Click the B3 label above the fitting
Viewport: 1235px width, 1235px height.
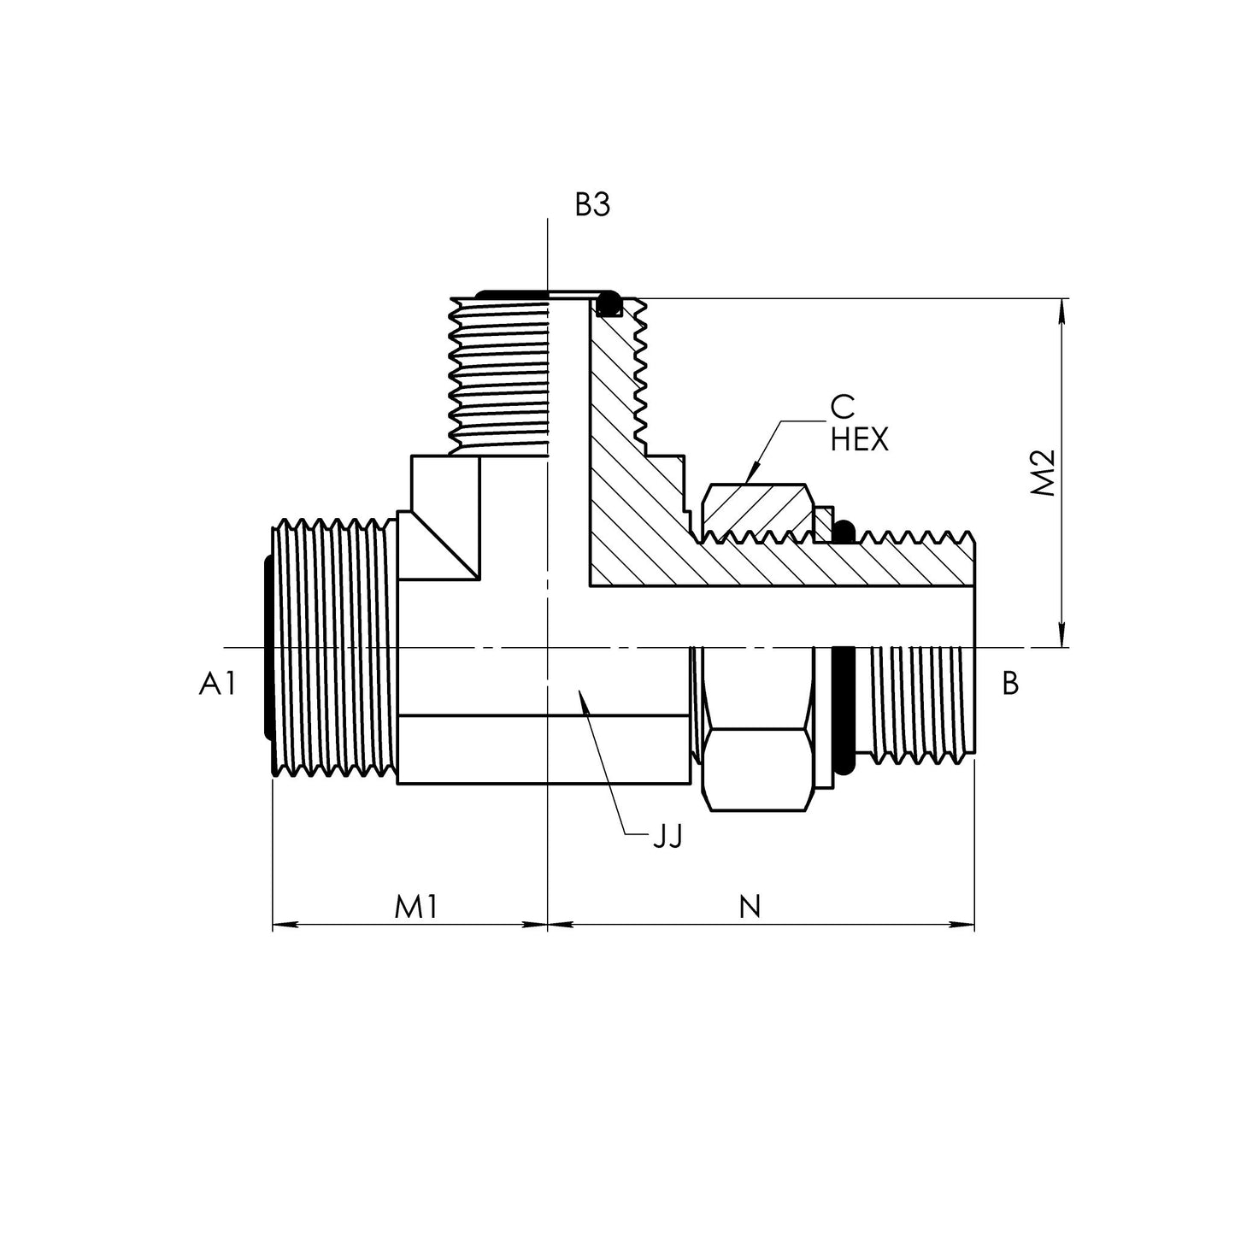592,206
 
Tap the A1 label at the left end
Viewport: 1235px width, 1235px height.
216,684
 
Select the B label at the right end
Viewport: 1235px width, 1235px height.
1010,684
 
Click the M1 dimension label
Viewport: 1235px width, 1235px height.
416,907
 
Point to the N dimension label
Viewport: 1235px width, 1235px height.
750,907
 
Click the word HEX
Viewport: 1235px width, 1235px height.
859,440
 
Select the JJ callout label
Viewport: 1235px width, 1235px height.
667,838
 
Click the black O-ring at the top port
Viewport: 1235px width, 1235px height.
609,303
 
